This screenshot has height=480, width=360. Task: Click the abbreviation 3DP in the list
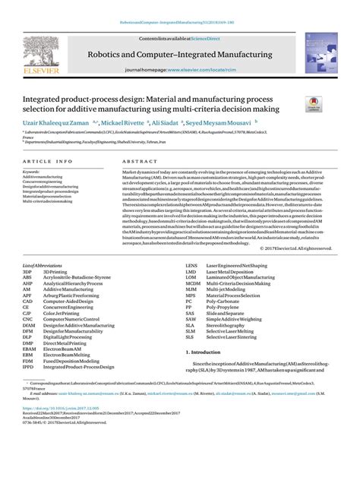(27, 271)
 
